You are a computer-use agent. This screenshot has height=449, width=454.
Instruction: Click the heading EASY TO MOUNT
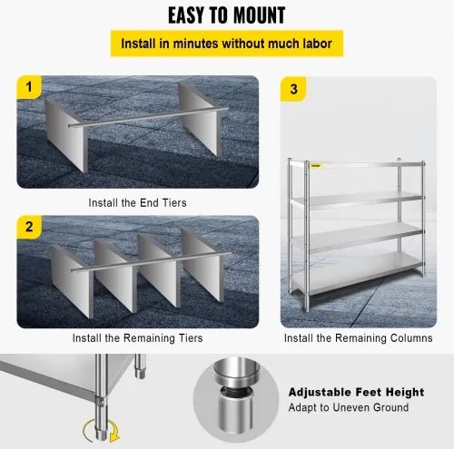pos(226,15)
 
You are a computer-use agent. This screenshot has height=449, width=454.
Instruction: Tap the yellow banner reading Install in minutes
pos(226,44)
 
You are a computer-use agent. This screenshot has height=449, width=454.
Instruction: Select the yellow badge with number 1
pos(29,89)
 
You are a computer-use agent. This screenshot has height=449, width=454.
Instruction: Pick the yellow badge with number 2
pos(29,228)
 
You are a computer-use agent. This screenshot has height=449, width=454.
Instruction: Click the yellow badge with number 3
pos(292,89)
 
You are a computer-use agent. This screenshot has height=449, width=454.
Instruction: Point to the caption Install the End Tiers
pos(138,203)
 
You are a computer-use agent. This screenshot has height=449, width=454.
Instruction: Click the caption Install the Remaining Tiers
pos(138,337)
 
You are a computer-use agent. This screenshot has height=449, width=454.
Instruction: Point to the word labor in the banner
pos(311,44)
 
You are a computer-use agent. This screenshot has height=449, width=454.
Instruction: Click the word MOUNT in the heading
pos(253,15)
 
